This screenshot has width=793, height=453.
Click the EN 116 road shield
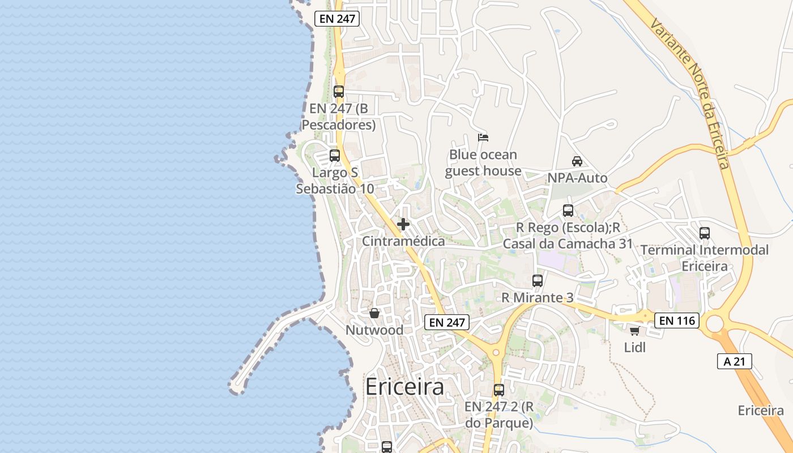677,320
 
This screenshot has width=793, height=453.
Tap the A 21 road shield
735,361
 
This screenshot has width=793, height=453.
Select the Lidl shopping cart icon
634,331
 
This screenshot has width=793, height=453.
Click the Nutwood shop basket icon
374,313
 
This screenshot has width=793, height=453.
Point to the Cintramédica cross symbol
403,224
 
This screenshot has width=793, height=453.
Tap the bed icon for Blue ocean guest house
483,138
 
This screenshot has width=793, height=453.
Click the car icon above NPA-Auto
577,161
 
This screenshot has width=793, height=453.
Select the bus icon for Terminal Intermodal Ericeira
705,233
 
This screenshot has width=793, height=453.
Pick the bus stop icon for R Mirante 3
538,280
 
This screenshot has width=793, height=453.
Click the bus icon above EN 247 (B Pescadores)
339,91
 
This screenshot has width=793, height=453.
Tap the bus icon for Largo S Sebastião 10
335,155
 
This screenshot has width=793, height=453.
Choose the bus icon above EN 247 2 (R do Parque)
499,390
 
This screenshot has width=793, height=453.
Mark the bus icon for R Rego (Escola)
568,211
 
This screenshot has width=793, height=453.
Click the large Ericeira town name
404,387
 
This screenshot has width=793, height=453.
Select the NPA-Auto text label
577,178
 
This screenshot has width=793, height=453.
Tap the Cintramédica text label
403,241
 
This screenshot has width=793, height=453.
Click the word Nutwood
374,330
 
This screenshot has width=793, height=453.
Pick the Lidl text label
635,347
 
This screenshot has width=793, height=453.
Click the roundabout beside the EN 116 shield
715,323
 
